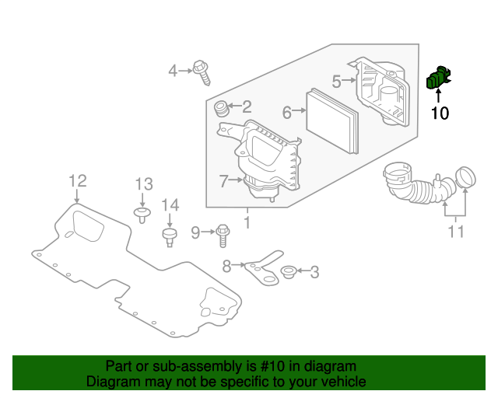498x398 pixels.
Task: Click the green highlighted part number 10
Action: (x=438, y=79)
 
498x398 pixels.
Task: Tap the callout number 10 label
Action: (x=440, y=113)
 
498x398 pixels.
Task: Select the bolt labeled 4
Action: (x=203, y=72)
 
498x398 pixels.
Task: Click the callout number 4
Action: (x=174, y=72)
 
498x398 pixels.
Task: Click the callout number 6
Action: (x=286, y=113)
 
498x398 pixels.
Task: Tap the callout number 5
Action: (x=336, y=80)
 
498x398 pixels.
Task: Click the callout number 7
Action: (x=223, y=181)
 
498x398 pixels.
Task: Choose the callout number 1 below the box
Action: (x=247, y=223)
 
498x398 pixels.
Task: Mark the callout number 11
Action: (x=455, y=231)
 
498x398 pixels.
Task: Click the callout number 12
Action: (x=77, y=181)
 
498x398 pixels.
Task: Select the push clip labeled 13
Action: (x=142, y=213)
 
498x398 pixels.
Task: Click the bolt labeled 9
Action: (x=222, y=232)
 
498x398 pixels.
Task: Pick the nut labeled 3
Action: (x=288, y=272)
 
